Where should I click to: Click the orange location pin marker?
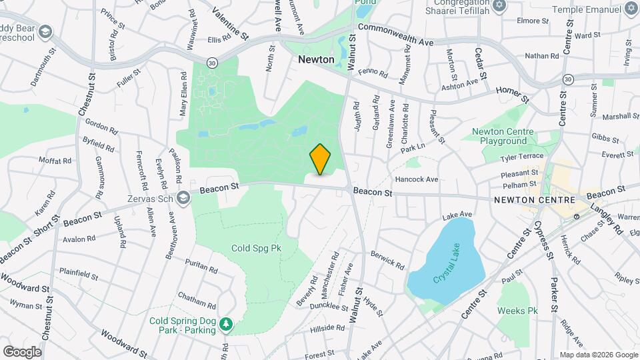pos(320,159)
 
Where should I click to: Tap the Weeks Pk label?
pos(517,311)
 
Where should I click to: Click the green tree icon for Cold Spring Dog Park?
pos(227,323)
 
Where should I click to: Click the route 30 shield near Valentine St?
pos(211,62)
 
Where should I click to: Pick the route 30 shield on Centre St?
pos(567,79)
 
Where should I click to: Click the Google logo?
pos(22,351)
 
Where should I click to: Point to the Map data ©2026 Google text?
pos(599,355)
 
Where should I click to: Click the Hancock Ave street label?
pos(416,179)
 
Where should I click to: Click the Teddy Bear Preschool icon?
pos(45,32)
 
